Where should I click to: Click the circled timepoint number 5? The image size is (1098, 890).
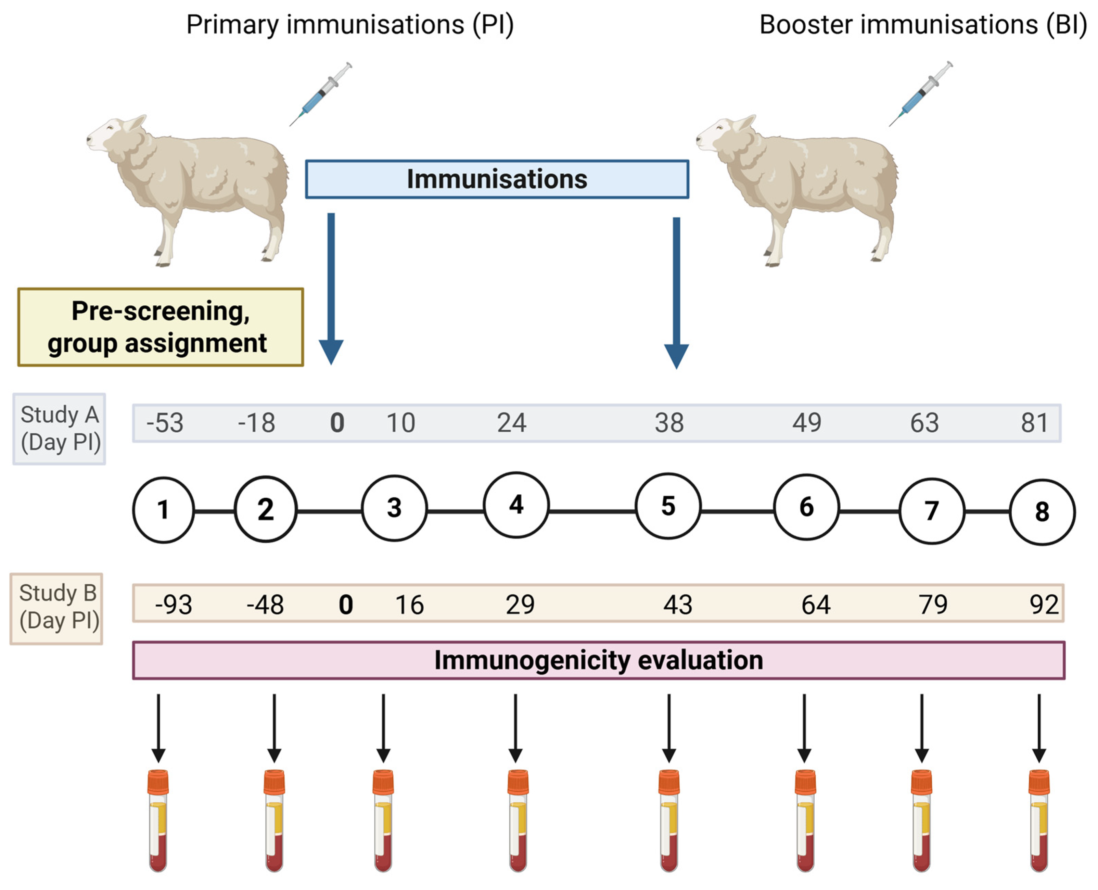(667, 506)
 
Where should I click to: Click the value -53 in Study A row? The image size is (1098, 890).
(165, 423)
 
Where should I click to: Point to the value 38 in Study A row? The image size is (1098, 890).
(669, 423)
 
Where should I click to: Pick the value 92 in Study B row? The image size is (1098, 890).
(1044, 605)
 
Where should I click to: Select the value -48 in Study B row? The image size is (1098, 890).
(265, 605)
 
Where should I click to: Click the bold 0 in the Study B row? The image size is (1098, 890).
(346, 605)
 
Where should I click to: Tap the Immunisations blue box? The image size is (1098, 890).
(497, 179)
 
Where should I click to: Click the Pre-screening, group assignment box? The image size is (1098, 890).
(161, 327)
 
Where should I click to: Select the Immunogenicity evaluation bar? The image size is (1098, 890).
(598, 660)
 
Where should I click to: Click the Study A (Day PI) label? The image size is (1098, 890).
(60, 429)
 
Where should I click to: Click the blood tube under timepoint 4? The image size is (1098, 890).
(518, 820)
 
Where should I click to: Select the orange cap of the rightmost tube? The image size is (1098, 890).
(1039, 782)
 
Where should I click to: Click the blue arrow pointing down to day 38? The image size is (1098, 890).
(676, 292)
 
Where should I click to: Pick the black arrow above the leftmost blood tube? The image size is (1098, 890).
(158, 728)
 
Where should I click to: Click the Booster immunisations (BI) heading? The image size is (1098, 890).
(923, 25)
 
